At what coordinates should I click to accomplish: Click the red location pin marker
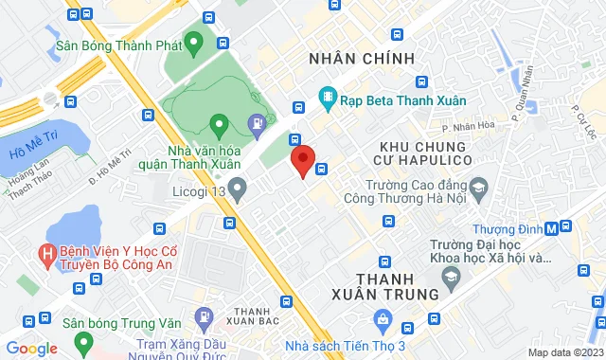coord(302,160)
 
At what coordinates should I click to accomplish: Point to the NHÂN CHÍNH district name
coord(362,59)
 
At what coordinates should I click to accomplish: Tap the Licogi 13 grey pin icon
coord(239,192)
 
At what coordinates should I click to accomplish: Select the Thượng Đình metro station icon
coord(565,227)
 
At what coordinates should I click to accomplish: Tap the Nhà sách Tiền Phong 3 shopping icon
coord(382,317)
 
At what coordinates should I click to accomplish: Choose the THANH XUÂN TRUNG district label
coord(398,285)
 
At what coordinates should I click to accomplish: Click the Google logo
coord(31,349)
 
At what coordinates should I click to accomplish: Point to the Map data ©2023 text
coord(564,352)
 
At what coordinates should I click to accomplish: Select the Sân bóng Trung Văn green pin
coord(83,340)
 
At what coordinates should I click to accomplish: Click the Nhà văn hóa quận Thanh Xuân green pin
coord(218,123)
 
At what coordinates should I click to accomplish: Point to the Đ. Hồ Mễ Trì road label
coord(109,165)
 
